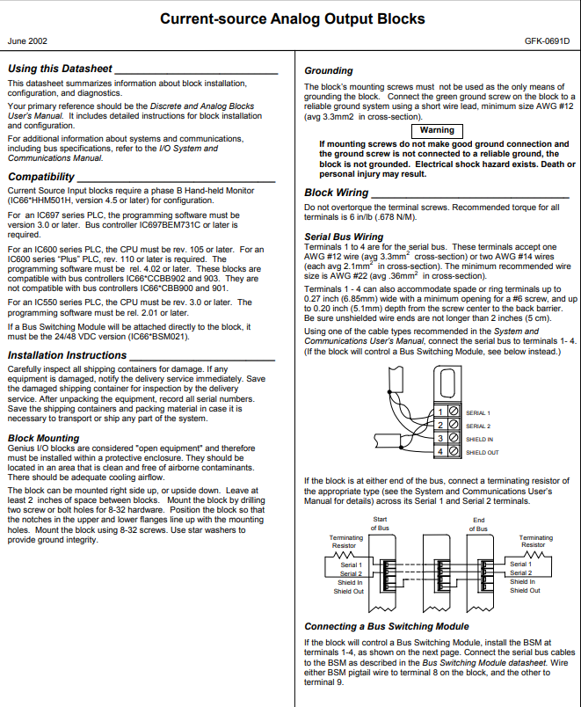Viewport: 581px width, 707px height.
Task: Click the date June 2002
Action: pos(27,40)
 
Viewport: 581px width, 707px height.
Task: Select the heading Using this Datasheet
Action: pos(60,69)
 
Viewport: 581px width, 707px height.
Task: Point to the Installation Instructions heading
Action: pos(67,355)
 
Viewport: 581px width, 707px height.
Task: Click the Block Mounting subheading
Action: pos(43,437)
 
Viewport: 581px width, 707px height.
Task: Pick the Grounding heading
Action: pos(329,70)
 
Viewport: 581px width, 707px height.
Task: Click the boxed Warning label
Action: pos(437,130)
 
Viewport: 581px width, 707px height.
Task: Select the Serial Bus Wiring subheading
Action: pos(344,237)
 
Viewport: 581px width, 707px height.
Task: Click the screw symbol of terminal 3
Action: pos(453,438)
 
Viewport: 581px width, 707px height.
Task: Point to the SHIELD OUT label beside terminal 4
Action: pos(482,452)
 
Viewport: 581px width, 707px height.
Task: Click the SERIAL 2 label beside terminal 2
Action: pos(477,426)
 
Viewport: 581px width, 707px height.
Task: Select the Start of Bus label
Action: pos(380,524)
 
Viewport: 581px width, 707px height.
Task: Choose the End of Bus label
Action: pos(478,524)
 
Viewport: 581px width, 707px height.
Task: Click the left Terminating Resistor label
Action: pos(345,541)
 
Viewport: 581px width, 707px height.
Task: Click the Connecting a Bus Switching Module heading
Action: pos(386,626)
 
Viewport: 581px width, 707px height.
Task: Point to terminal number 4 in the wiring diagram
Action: pos(439,451)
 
